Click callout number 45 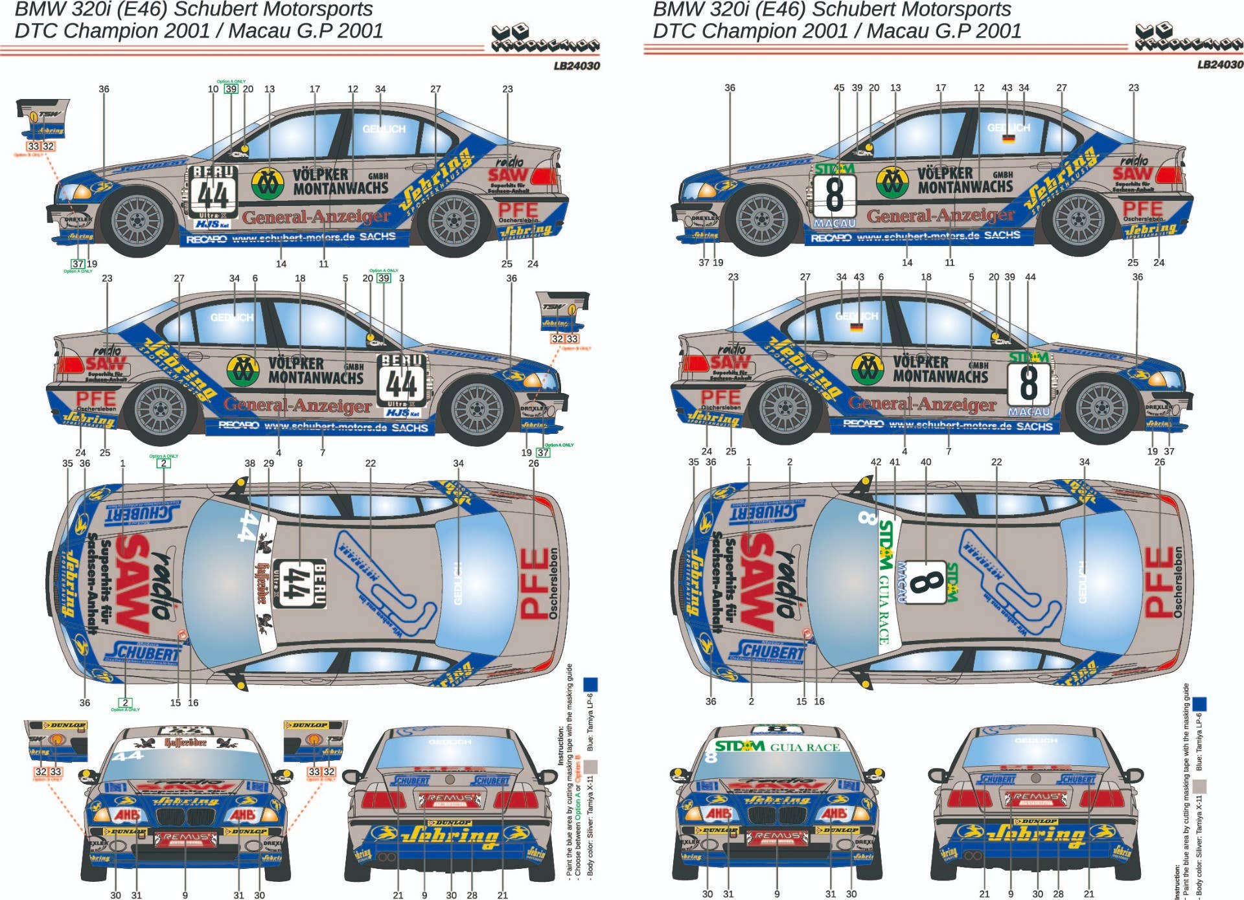[838, 88]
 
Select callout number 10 [213, 89]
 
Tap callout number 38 [250, 464]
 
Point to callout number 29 [269, 464]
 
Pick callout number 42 [876, 462]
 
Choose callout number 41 [895, 462]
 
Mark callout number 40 [926, 462]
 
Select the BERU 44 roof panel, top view [299, 583]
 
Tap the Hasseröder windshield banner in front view [186, 743]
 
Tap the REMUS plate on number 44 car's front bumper [186, 838]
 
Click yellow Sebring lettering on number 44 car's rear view [449, 836]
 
